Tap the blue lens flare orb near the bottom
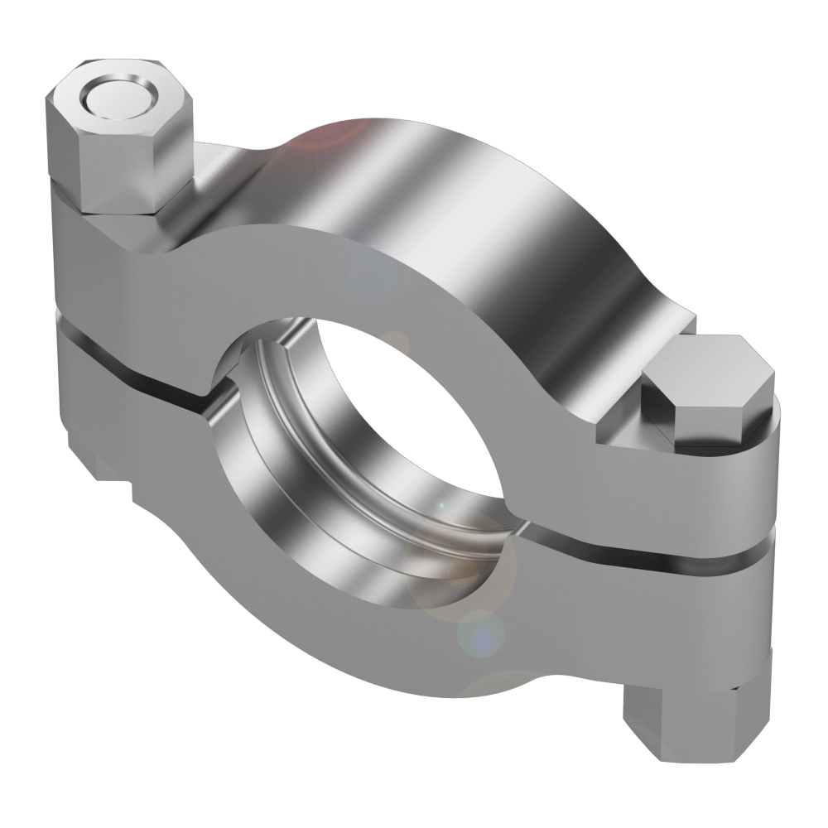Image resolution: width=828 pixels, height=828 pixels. pos(480,633)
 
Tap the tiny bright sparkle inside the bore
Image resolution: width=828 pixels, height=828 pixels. pos(441,503)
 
